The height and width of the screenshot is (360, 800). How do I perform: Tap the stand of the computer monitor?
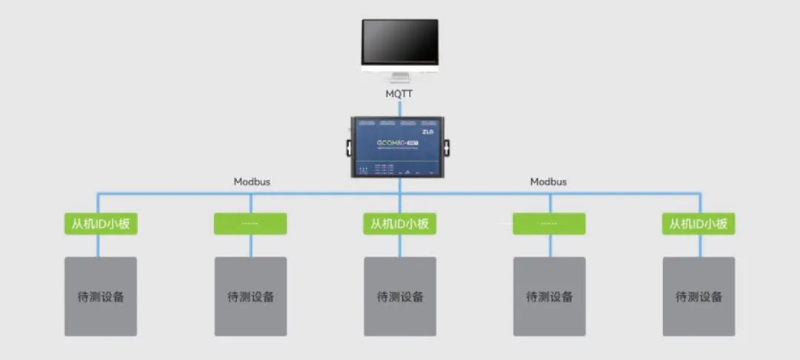(x=400, y=76)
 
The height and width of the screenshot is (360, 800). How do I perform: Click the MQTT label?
(x=400, y=95)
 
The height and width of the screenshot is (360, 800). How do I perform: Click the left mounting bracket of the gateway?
(x=345, y=147)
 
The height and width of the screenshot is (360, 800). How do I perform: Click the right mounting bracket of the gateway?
(x=447, y=147)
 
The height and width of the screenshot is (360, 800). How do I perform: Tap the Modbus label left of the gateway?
(x=253, y=181)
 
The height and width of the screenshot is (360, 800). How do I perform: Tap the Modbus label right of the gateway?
(x=548, y=181)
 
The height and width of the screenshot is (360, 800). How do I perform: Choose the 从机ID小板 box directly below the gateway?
(x=399, y=224)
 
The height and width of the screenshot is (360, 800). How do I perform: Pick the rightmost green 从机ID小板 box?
(x=699, y=224)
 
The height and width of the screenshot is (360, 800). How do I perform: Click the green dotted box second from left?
(x=250, y=224)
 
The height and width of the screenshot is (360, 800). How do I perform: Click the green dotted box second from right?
(x=549, y=224)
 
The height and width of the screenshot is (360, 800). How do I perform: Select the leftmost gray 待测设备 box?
(x=101, y=296)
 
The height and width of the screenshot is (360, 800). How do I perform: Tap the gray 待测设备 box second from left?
(x=250, y=296)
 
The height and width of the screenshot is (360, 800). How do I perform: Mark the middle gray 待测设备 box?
(x=399, y=296)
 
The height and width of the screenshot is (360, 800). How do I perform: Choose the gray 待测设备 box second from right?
(x=549, y=296)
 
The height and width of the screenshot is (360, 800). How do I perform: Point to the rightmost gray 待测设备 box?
(x=699, y=296)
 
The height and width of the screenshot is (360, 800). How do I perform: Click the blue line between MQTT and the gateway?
(x=400, y=108)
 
